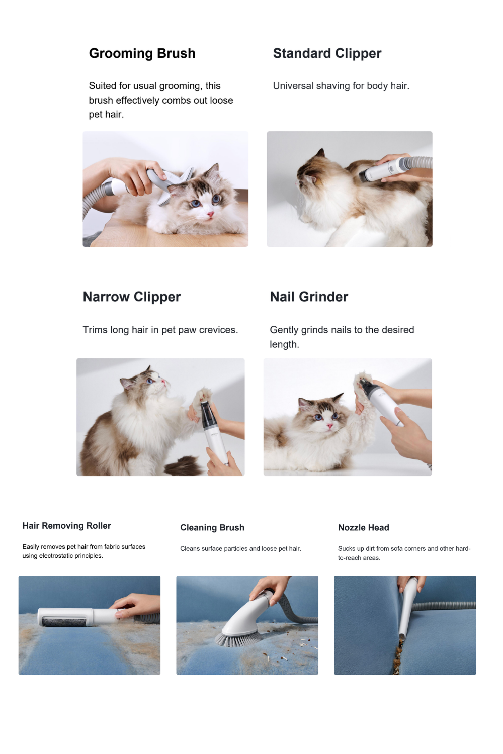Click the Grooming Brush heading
142,53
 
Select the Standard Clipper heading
327,53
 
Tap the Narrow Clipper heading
132,297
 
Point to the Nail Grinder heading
309,297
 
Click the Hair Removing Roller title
67,526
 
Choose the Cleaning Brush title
212,527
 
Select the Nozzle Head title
364,527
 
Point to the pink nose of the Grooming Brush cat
210,214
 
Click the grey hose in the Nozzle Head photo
445,605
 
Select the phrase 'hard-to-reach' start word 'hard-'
463,549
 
